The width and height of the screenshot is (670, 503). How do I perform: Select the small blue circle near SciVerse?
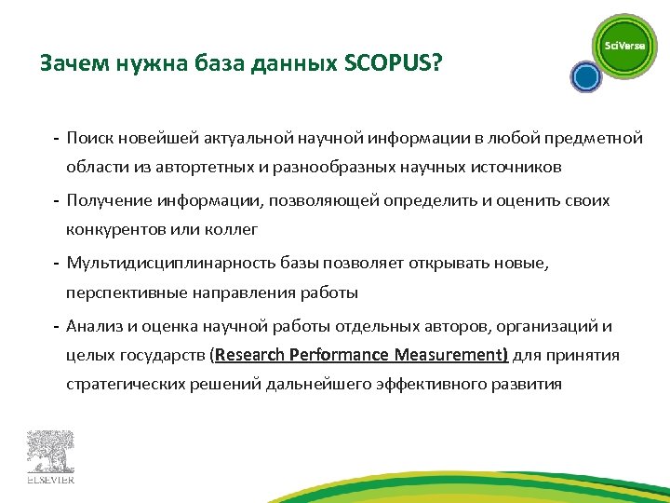(x=584, y=76)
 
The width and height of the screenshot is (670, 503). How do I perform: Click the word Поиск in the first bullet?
(x=89, y=139)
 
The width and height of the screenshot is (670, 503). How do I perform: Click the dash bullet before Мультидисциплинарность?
(x=57, y=264)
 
